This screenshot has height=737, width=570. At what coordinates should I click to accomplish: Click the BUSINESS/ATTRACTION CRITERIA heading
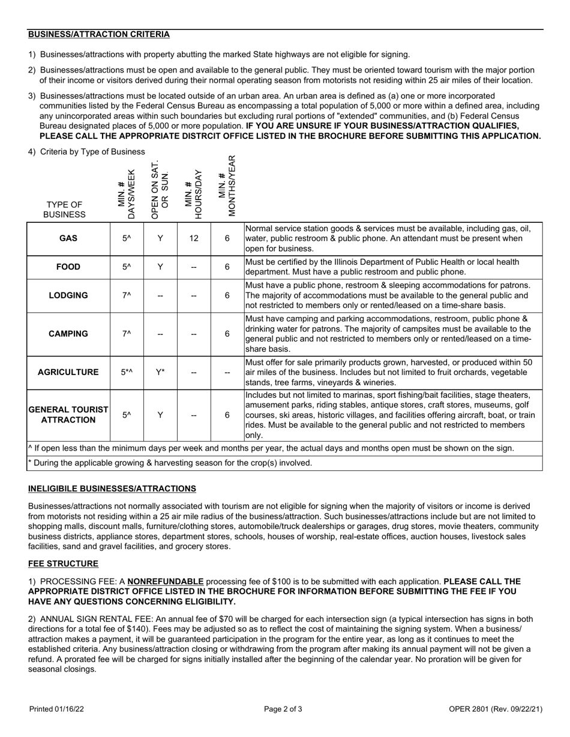99,34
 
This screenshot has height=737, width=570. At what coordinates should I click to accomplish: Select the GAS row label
68,238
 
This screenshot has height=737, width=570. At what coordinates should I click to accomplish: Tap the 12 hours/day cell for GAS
194,238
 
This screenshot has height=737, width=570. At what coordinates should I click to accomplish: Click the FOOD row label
68,267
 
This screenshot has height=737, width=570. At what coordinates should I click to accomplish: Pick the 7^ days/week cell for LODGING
127,295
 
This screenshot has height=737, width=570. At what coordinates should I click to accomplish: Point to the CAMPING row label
68,334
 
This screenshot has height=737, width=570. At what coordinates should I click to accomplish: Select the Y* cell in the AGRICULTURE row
160,372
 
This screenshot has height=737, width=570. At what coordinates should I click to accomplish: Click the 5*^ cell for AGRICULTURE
127,372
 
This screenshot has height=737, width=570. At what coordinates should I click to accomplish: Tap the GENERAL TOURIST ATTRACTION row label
68,415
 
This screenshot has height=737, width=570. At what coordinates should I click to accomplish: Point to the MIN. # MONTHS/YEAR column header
227,186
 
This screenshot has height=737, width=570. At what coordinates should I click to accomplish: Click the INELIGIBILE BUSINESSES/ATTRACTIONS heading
112,488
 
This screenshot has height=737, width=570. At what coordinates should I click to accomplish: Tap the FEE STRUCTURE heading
63,564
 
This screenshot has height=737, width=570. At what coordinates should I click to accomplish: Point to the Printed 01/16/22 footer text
57,709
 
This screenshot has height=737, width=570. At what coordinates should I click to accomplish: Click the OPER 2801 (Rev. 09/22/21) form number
496,709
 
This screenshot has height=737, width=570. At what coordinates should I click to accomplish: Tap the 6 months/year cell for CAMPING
227,334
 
